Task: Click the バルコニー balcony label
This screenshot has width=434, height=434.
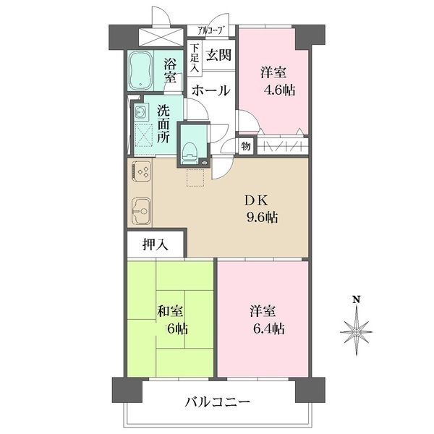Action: (x=216, y=401)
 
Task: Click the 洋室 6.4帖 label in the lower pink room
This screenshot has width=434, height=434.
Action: (x=267, y=320)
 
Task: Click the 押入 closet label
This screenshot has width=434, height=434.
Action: (x=156, y=244)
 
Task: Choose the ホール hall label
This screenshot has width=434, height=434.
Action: (x=212, y=91)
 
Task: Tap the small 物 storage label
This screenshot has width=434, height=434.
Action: (x=246, y=147)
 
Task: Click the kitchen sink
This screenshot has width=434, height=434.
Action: (x=140, y=211)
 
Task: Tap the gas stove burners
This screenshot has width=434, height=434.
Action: (x=141, y=173)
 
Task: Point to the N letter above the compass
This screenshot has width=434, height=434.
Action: (x=356, y=299)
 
